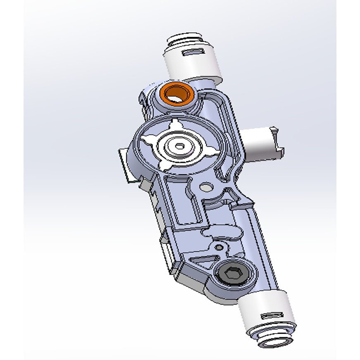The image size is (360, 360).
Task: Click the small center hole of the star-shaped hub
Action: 179,145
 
